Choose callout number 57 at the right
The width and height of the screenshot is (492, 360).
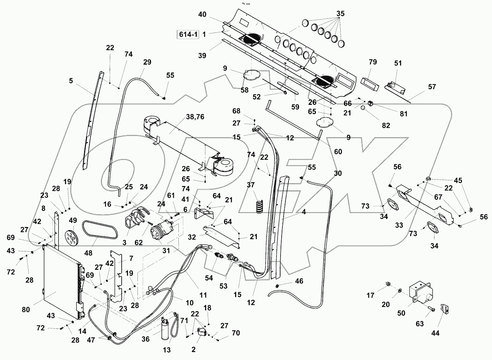(x=432, y=87)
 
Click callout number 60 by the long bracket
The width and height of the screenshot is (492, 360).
(x=338, y=151)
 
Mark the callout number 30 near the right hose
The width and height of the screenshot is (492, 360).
(x=338, y=173)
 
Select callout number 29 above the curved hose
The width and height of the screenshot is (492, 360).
(x=147, y=62)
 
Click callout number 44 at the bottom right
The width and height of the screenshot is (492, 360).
(x=436, y=333)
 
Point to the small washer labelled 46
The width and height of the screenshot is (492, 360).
(x=277, y=287)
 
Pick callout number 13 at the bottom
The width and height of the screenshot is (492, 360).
(x=167, y=350)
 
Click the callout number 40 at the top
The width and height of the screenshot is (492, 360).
(x=202, y=15)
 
